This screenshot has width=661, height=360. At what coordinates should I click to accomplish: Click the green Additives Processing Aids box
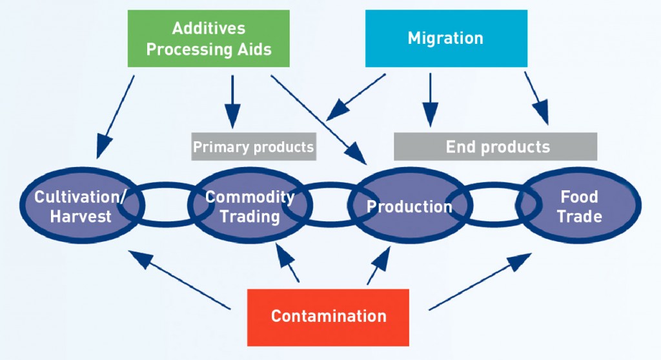(208, 39)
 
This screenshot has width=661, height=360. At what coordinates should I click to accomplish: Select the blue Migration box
(446, 39)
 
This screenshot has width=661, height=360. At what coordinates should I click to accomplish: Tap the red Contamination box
(328, 317)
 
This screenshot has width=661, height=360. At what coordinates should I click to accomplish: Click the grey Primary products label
(253, 146)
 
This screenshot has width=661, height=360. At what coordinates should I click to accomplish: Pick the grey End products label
(495, 146)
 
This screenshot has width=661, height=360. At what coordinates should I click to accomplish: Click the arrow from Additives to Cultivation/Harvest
(116, 117)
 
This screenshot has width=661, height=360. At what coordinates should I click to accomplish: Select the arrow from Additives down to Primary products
(232, 101)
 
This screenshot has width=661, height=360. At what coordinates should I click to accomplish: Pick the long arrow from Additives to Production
(318, 120)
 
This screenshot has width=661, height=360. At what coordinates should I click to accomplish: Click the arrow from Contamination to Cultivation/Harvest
(179, 280)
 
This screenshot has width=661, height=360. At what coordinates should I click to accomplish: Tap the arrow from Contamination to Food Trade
(480, 281)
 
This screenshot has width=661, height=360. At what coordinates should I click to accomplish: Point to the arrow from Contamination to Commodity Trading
(287, 263)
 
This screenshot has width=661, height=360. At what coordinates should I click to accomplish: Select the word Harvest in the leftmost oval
(81, 216)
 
